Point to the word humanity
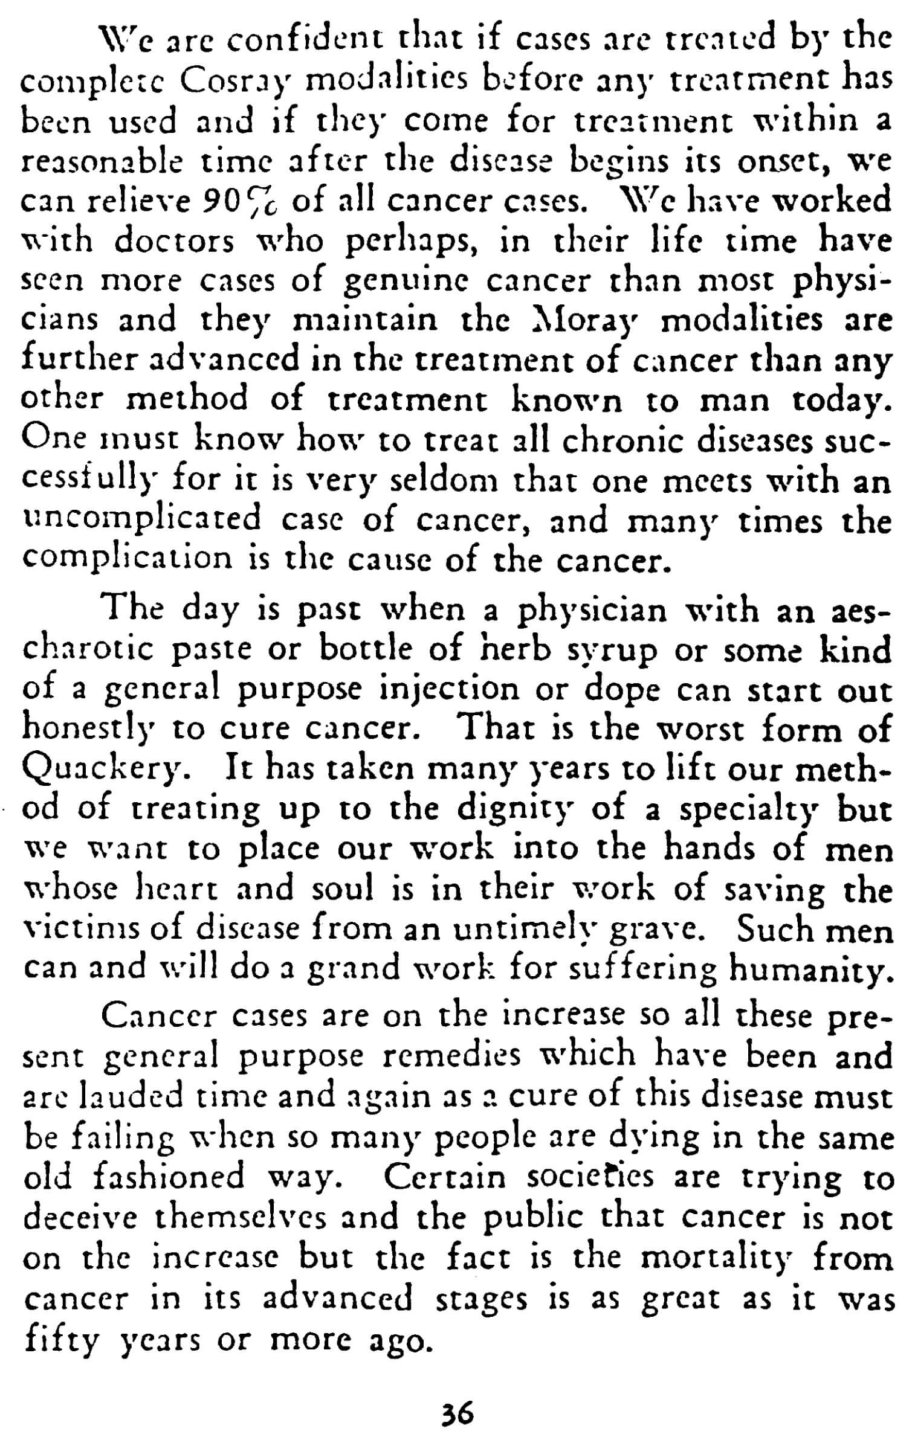[808, 968]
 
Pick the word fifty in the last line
[60, 1340]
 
